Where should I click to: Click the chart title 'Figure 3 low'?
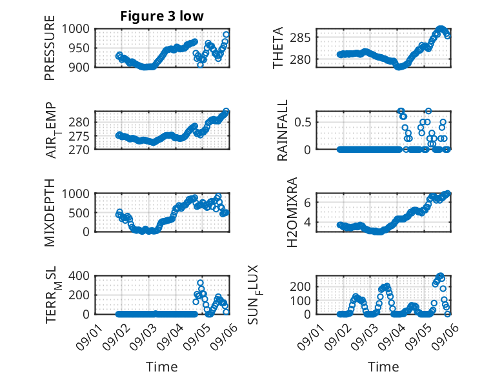pos(162,16)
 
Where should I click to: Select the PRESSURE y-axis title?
pos(50,48)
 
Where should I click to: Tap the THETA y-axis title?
pos(278,48)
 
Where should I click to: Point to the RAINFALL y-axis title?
pos(283,130)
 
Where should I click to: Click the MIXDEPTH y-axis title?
pos(50,213)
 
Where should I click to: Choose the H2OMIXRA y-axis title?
pos(292,212)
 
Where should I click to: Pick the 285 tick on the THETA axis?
pos(300,38)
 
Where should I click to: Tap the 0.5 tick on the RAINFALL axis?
pos(303,123)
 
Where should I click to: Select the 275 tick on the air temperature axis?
pos(79,136)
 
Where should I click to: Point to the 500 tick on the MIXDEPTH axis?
pos(79,213)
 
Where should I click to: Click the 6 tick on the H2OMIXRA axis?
pos(308,203)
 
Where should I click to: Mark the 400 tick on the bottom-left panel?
pos(79,275)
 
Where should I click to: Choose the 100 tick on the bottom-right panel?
pos(300,301)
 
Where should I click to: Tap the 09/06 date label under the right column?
pos(445,337)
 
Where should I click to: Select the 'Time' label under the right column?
pos(383,367)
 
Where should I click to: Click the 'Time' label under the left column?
pos(162,367)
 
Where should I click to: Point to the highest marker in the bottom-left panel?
pos(201,283)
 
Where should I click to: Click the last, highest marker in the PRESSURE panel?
pos(226,35)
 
